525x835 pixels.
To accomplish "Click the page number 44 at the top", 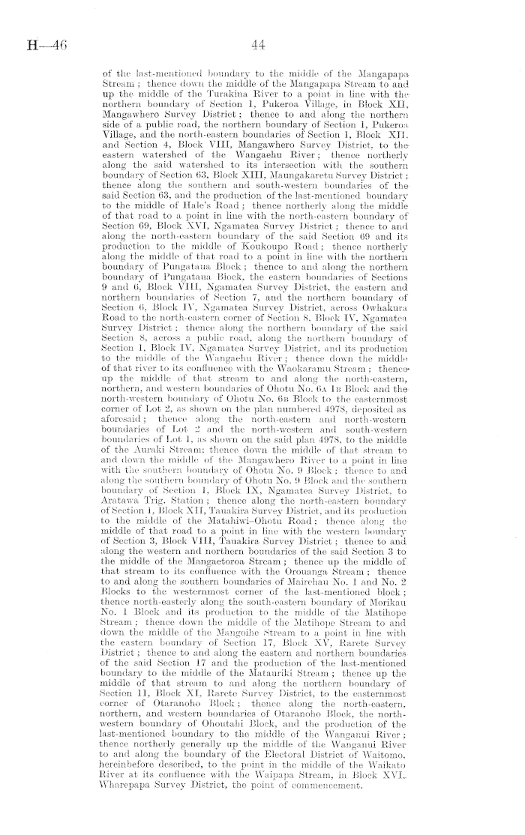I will pyautogui.click(x=259, y=46).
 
